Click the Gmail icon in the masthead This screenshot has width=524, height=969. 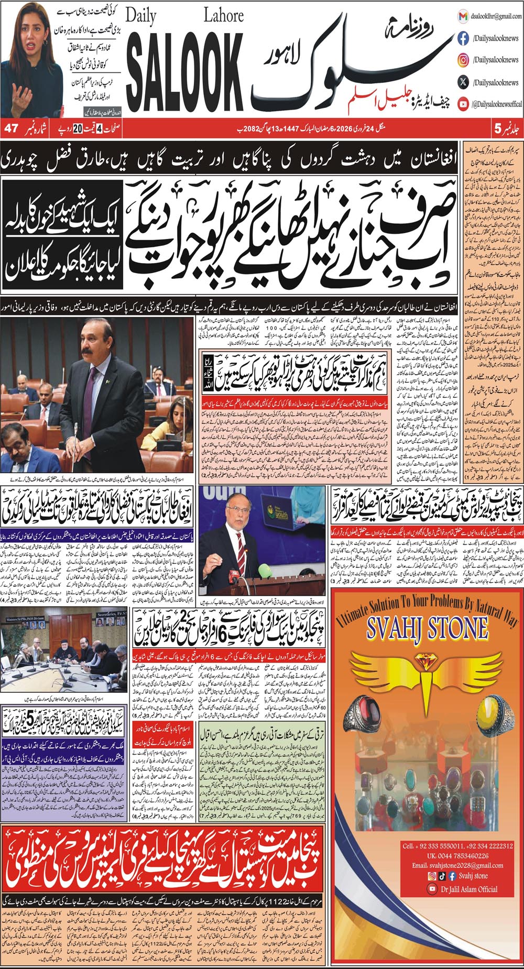463,16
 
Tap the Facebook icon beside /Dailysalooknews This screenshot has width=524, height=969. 463,38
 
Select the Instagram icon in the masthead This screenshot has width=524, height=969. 463,60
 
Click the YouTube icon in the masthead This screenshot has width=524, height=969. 463,104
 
